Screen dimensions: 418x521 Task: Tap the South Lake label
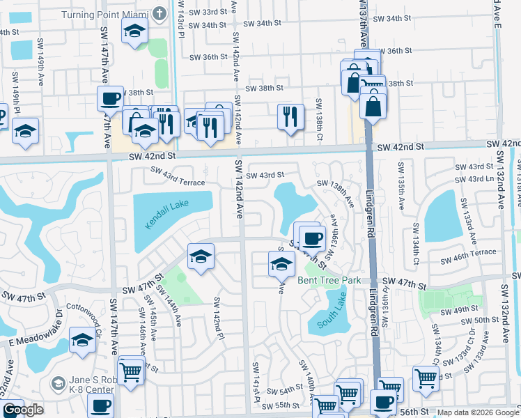(x=331, y=318)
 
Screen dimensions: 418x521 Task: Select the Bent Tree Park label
(x=328, y=280)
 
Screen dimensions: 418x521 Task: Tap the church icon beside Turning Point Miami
(x=160, y=13)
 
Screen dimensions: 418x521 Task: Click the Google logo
(x=23, y=410)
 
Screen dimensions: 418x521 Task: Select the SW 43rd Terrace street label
(x=178, y=180)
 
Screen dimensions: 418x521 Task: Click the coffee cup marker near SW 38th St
(x=110, y=98)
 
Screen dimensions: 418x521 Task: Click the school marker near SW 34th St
(x=134, y=31)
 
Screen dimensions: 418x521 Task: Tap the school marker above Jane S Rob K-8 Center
(x=82, y=341)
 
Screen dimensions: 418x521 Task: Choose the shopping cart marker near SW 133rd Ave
(x=426, y=379)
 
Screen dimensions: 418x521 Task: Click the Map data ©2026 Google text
(x=478, y=412)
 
